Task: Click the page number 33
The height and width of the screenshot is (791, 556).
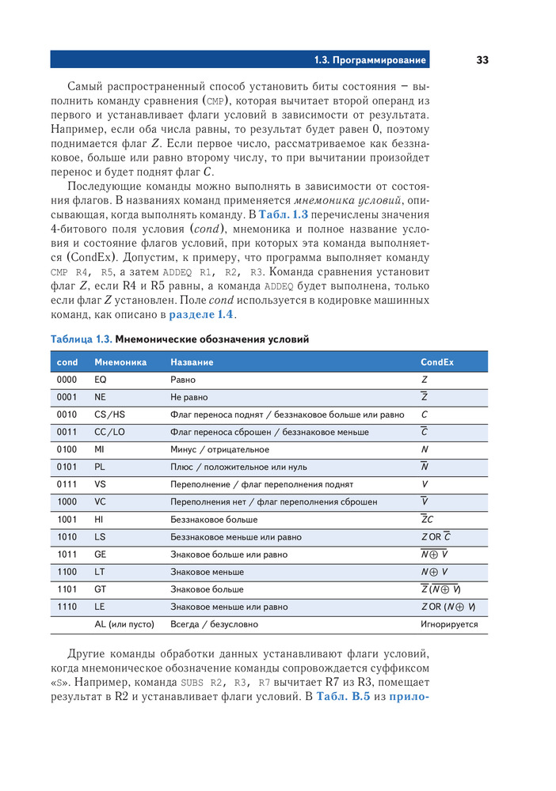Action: click(482, 60)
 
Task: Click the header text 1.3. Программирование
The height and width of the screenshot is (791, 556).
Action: click(370, 60)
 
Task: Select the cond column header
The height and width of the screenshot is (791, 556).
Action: click(68, 362)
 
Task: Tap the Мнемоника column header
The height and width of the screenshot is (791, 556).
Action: click(120, 362)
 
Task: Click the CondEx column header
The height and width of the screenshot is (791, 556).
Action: click(437, 362)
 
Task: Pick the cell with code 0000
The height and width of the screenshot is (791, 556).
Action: click(67, 380)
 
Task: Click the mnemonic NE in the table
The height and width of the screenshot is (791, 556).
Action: click(100, 397)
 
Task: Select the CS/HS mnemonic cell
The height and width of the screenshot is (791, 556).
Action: click(110, 414)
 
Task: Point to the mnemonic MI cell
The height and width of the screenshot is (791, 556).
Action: click(99, 449)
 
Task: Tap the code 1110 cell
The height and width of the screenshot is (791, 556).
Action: click(67, 607)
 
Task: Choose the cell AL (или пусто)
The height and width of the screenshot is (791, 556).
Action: click(125, 624)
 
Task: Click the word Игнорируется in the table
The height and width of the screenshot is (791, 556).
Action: click(449, 624)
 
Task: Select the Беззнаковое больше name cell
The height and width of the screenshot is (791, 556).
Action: click(214, 520)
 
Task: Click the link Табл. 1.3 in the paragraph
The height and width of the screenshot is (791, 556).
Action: click(284, 214)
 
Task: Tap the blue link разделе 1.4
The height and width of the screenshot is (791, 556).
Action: click(202, 315)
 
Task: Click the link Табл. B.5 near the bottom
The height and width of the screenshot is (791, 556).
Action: click(343, 697)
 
